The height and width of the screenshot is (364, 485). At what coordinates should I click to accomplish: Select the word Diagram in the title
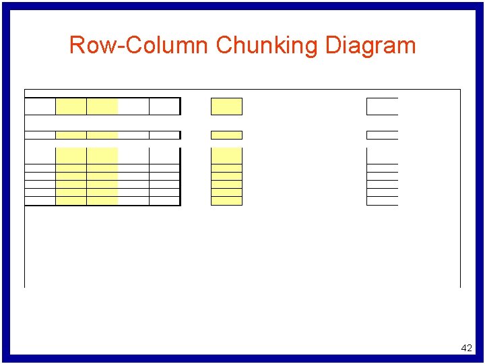coord(370,46)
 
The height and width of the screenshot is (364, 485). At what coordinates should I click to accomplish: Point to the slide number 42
coord(466,348)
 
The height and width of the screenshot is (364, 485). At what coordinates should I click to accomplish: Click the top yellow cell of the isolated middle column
coord(226,107)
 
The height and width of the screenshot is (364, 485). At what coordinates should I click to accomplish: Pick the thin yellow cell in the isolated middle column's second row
coord(226,135)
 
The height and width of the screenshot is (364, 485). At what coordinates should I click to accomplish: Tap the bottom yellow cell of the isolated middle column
coord(226,201)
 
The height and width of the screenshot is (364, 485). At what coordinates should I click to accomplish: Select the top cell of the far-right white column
coord(383,107)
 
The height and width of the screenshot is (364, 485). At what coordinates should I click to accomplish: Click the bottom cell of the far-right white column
coord(383,201)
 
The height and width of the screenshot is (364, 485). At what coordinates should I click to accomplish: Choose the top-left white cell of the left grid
coord(40,107)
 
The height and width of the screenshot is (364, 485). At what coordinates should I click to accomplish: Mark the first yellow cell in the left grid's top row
coord(71,107)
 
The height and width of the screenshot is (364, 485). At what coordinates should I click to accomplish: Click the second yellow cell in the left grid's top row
coord(102,107)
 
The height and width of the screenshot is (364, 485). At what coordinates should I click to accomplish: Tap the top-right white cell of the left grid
coord(164,107)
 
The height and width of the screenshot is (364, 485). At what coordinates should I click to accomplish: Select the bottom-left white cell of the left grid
coord(40,201)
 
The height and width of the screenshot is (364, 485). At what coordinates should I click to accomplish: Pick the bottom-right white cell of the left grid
coord(164,201)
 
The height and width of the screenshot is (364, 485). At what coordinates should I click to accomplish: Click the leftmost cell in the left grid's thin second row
coord(40,135)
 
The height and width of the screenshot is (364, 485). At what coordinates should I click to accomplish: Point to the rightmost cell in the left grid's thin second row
coord(164,135)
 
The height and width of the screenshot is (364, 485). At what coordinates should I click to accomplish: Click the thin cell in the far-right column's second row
coord(383,135)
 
